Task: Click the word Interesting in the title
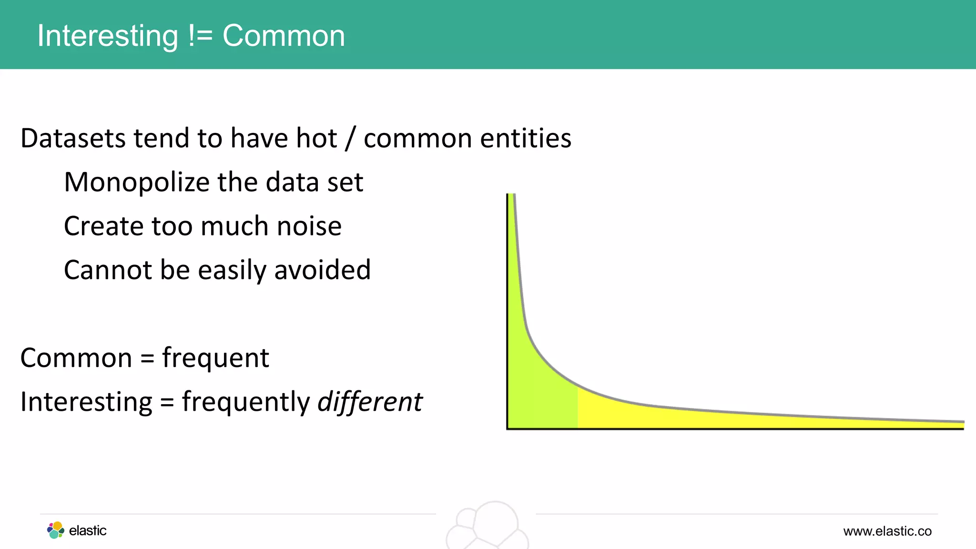(107, 36)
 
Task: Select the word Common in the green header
(284, 36)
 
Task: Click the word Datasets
(73, 138)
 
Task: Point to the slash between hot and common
(350, 138)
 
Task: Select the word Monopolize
(136, 182)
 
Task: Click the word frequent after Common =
(215, 358)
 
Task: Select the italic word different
(370, 402)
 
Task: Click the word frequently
(246, 402)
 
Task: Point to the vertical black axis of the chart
(508, 310)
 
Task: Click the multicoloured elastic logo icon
(56, 530)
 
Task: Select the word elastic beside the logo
(88, 530)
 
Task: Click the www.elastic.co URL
(887, 531)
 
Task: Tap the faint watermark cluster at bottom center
(488, 527)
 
